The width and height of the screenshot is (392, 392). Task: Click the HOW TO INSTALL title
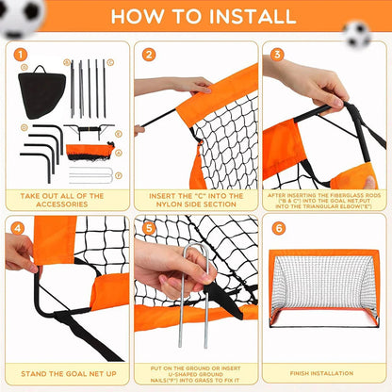point(195,16)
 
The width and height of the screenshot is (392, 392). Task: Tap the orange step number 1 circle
point(21,54)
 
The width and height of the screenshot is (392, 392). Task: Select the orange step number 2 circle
point(149,54)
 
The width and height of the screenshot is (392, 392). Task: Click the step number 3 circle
point(277,54)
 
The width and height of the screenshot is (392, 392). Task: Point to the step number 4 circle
point(20,227)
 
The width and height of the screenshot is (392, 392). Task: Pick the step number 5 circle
point(149,227)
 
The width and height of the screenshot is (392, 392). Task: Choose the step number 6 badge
point(277,228)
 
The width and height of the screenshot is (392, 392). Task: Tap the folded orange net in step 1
point(90,150)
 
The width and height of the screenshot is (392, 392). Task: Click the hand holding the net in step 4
point(19,253)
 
